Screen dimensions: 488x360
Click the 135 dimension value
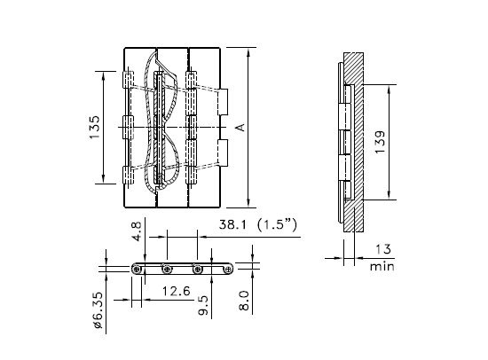click(94, 128)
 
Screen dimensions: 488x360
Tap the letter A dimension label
click(241, 128)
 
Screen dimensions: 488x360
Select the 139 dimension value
click(380, 142)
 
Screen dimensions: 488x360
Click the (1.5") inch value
click(277, 224)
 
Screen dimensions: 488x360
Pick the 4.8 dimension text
click(137, 231)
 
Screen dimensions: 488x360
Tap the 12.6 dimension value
click(177, 291)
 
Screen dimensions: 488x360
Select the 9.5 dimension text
click(203, 305)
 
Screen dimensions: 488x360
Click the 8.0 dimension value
click(244, 301)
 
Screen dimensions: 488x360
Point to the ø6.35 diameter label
click(98, 310)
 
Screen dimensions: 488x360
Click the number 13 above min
click(383, 249)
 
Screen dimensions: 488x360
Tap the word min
click(382, 267)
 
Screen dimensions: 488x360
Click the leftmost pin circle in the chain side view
click(136, 270)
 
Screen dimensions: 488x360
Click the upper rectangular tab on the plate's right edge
click(223, 102)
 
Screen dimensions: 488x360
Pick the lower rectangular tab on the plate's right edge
click(223, 153)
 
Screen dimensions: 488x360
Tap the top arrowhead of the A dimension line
click(248, 53)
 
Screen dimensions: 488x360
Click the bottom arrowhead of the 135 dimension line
click(104, 178)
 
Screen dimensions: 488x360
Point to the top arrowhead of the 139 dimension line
click(389, 90)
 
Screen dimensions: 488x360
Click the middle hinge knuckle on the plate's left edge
click(129, 128)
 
